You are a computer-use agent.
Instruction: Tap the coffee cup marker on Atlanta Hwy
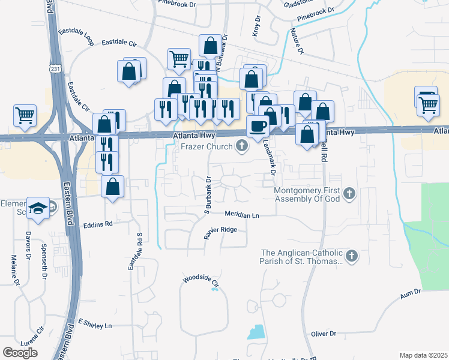258,126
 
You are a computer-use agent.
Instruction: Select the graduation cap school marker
38,208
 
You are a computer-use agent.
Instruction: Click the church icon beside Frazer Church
242,145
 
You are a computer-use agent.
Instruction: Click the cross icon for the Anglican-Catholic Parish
352,257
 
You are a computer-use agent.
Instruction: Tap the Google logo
20,352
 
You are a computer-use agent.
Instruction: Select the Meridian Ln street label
242,214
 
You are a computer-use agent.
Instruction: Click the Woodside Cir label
202,280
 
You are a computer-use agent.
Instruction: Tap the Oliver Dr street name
324,334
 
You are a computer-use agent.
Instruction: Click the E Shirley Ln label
95,325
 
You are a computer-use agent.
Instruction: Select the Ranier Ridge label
220,230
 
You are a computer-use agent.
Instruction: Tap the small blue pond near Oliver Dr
256,332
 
